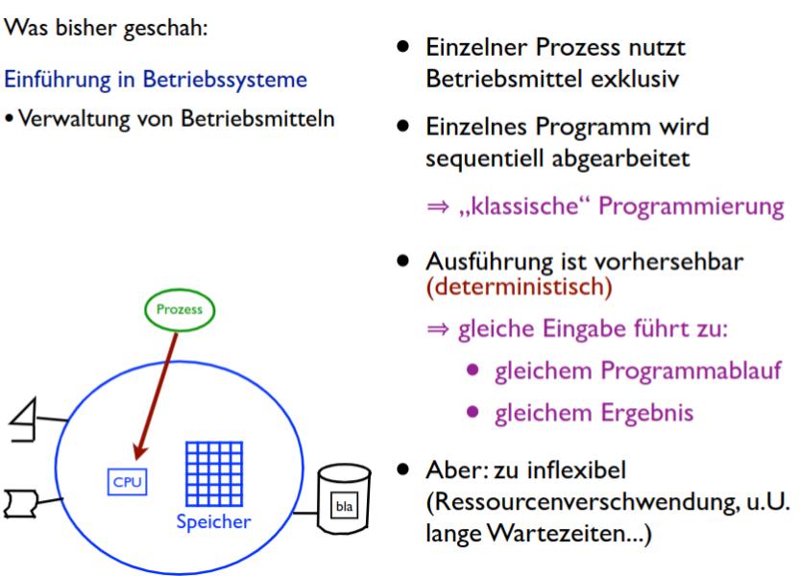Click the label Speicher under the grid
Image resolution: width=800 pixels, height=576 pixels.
[x=213, y=523]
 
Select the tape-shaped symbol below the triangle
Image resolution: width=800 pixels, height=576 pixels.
[x=16, y=500]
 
